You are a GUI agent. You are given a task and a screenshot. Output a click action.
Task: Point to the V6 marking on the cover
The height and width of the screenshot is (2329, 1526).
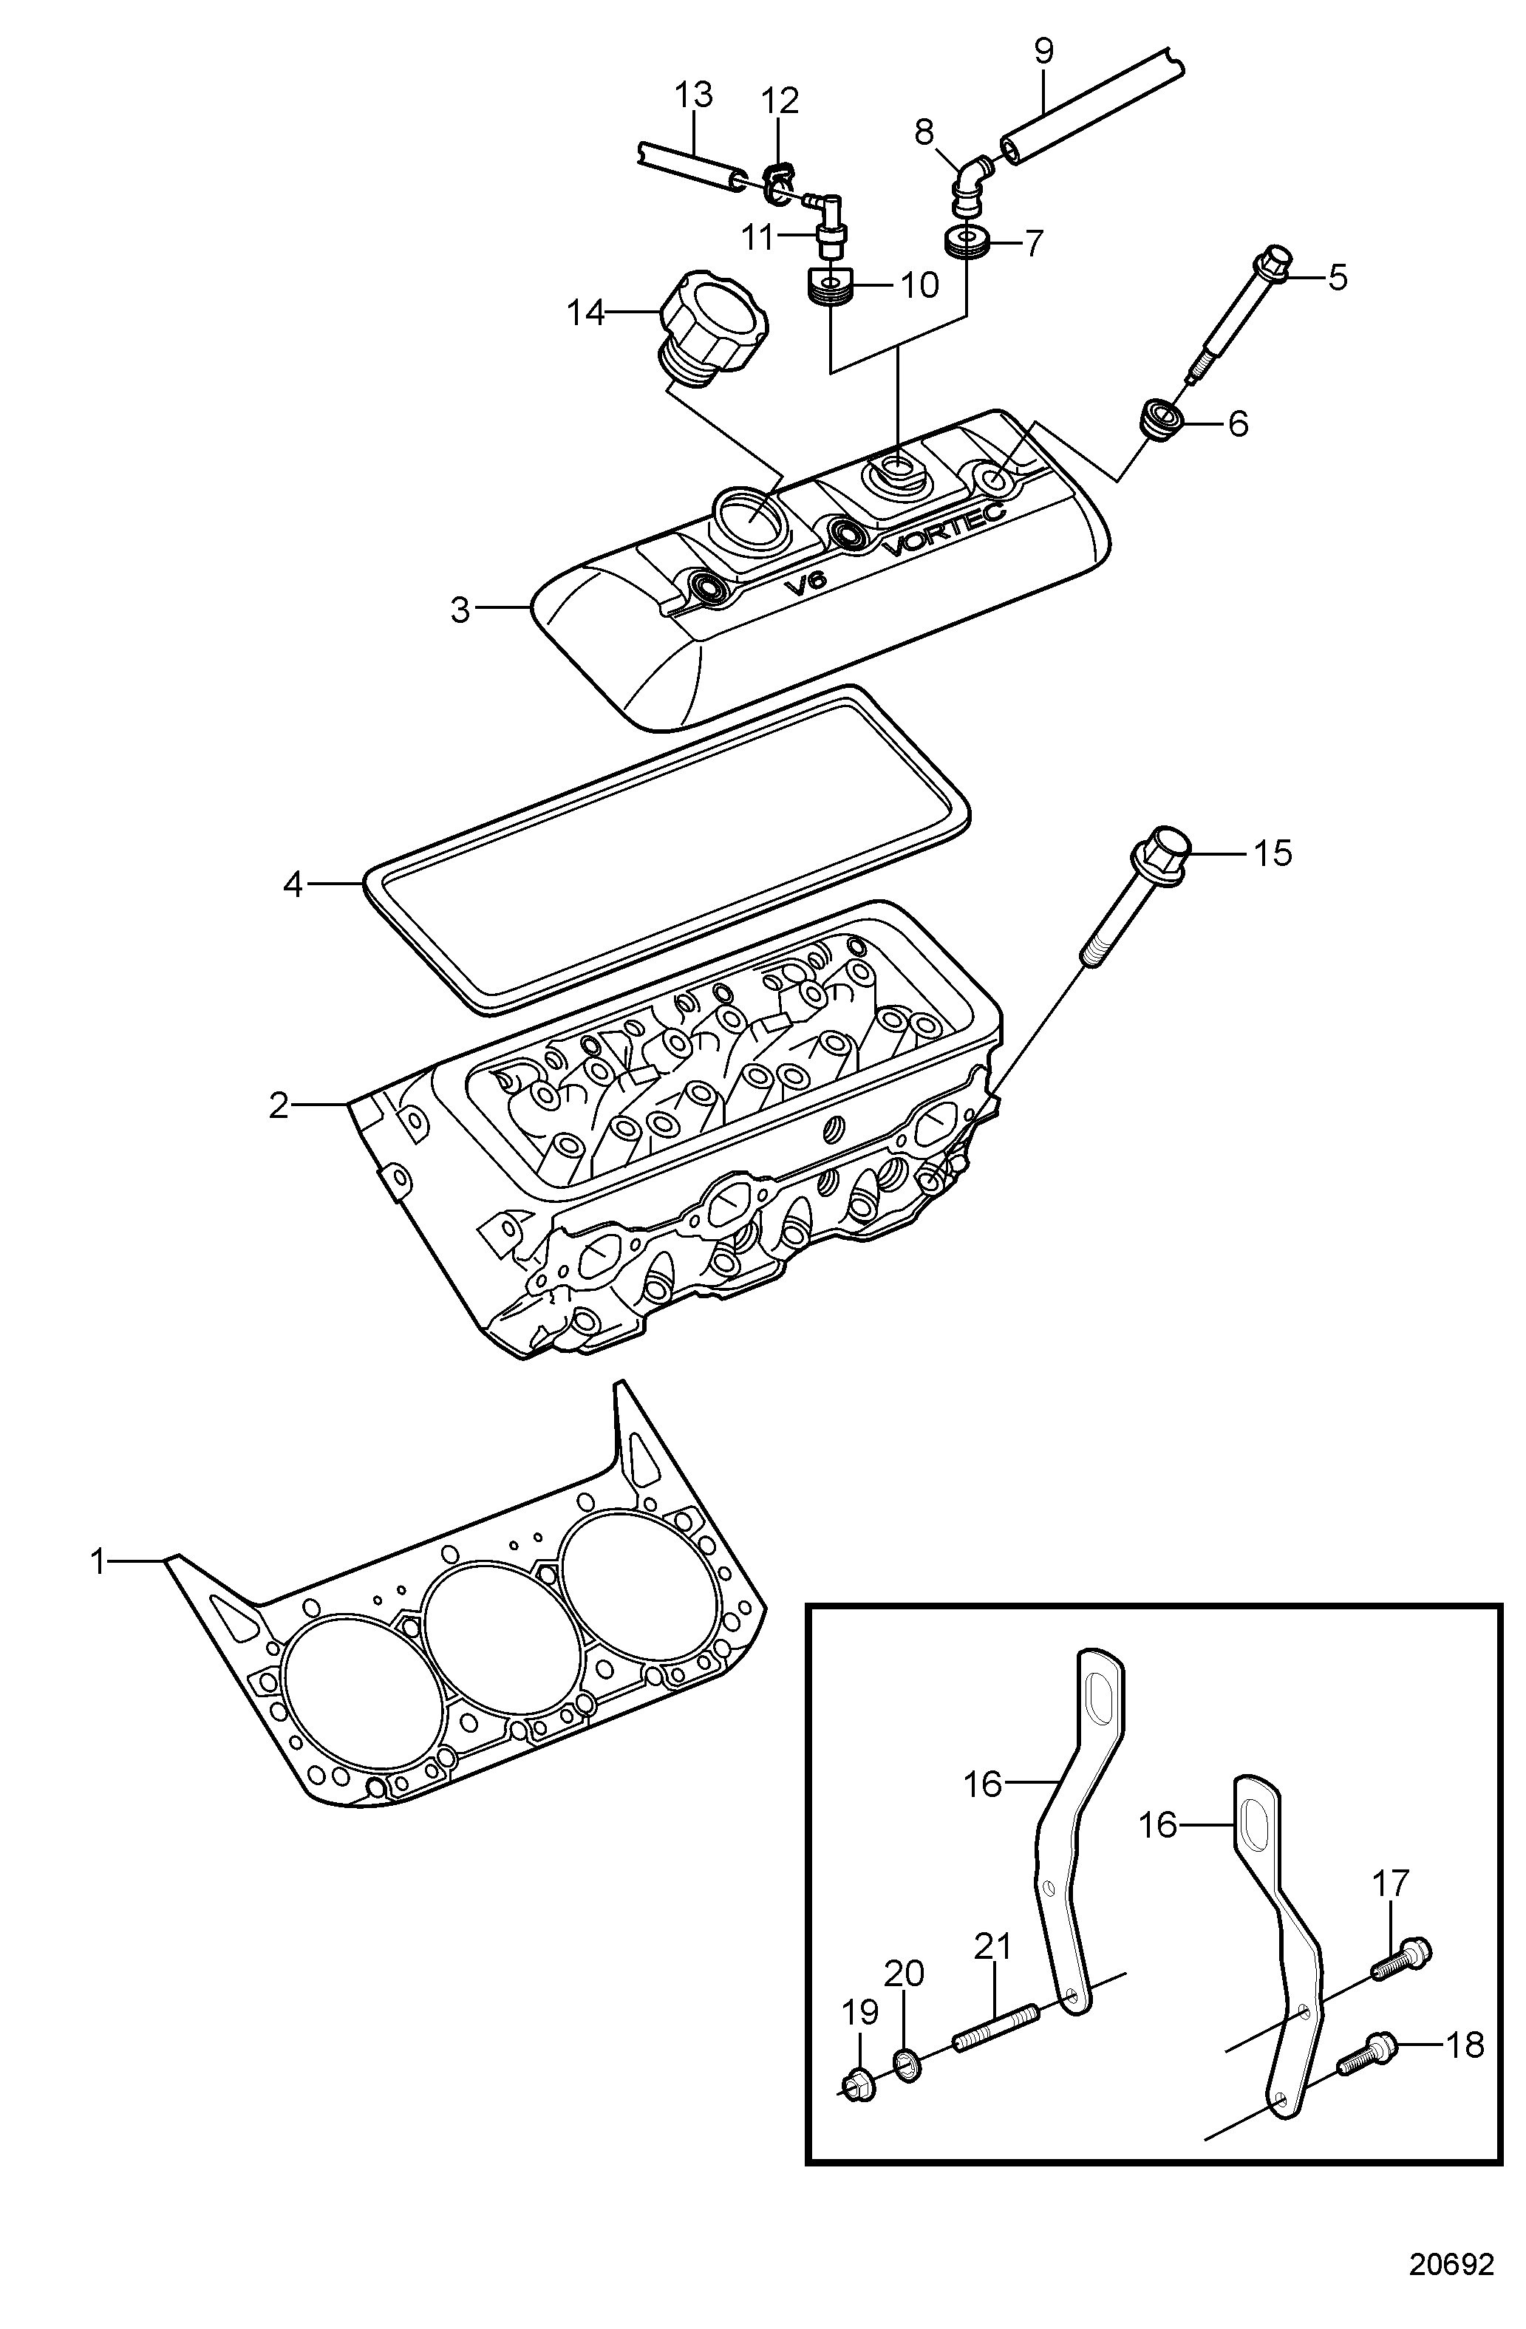(805, 582)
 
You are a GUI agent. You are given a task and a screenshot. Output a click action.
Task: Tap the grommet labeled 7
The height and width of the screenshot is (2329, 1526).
(967, 241)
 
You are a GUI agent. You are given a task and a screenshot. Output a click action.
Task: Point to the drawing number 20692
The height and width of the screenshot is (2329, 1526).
(1451, 2265)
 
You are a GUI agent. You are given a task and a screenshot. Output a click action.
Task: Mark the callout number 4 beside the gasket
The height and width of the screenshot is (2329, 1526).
(293, 884)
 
